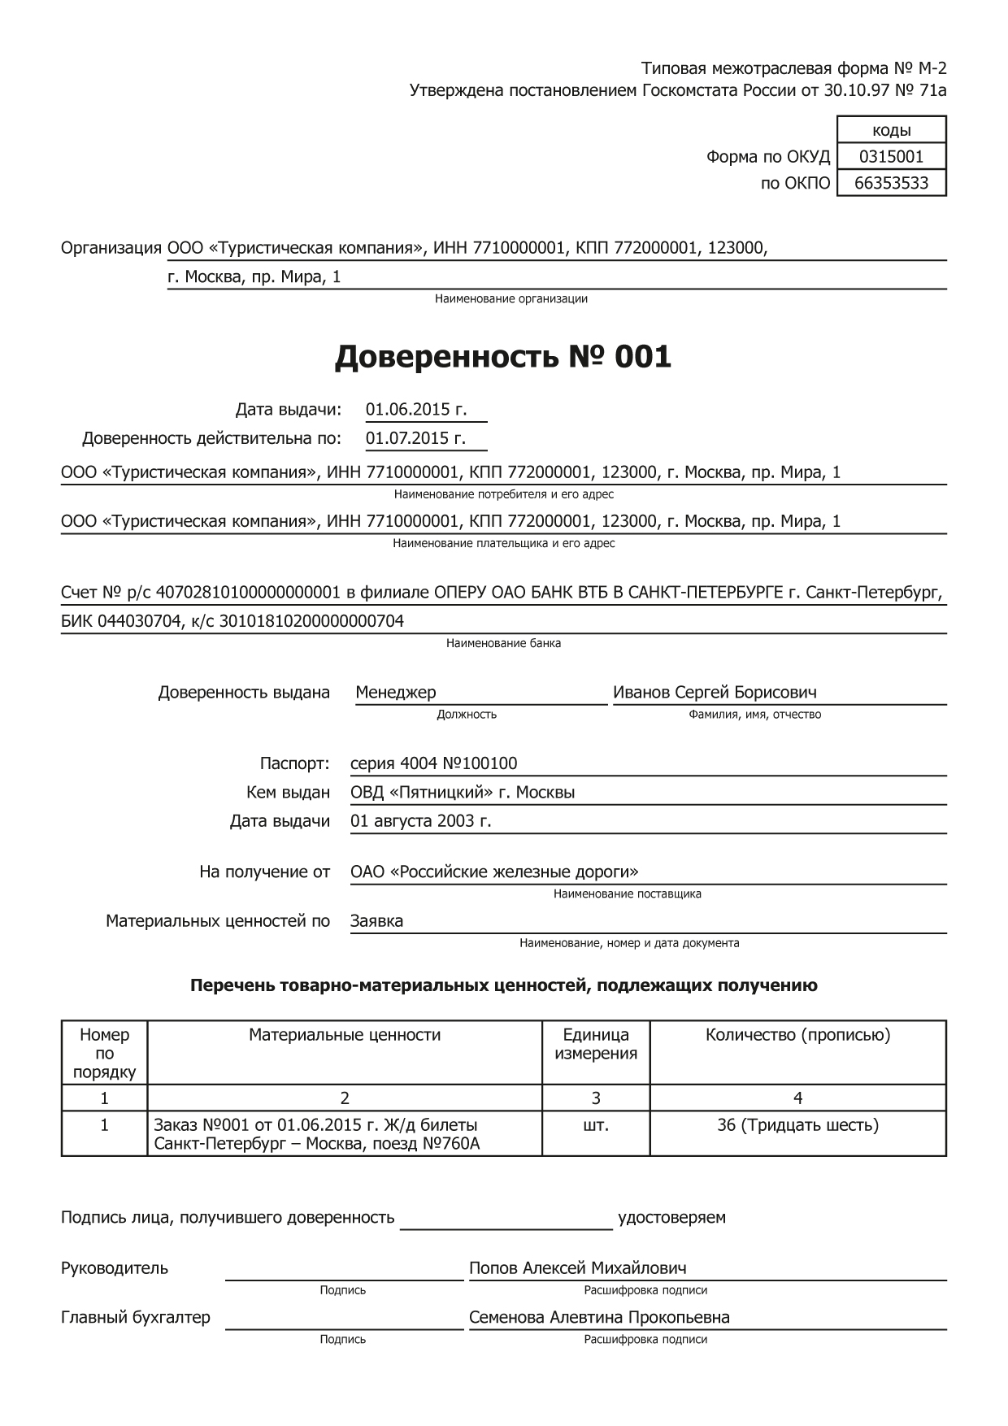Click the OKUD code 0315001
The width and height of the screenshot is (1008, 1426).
pos(891,156)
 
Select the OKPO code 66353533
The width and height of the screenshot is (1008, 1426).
pos(891,183)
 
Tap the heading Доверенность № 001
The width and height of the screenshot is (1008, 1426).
pos(503,357)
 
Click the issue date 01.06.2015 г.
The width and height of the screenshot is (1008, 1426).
pos(416,410)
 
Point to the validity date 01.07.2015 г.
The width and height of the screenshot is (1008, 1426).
pos(415,438)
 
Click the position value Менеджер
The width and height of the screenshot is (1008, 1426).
pos(396,693)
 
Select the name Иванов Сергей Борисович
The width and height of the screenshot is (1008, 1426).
pos(715,693)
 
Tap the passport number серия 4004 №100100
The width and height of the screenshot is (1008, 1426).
pos(433,763)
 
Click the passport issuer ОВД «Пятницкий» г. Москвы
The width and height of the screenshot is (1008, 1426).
pos(463,792)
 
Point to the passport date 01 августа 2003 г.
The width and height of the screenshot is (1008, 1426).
pos(420,821)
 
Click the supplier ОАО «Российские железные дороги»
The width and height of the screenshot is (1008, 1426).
pos(494,872)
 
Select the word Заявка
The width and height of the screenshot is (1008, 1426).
pos(376,921)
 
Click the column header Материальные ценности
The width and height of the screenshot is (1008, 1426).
pos(345,1035)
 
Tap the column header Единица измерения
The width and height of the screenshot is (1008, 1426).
pos(596,1044)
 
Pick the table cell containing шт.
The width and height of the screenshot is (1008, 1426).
pos(596,1125)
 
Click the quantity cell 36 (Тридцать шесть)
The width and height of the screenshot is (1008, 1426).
pos(797,1125)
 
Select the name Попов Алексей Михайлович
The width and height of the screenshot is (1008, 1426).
pos(577,1268)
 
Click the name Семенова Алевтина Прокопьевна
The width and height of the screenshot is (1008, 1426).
pos(599,1317)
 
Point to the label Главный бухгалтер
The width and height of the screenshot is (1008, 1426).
pos(136,1317)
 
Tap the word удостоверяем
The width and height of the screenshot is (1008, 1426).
pos(671,1218)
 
